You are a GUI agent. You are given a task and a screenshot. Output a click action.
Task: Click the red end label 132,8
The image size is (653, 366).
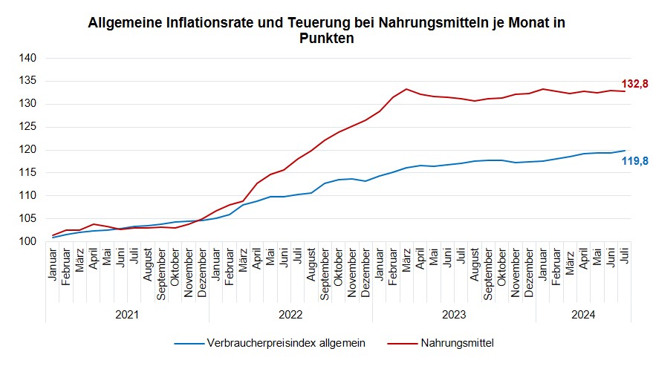(634, 85)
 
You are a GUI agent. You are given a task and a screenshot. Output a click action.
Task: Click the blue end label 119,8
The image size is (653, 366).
(634, 160)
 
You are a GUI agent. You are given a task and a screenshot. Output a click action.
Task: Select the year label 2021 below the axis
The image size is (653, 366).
(127, 314)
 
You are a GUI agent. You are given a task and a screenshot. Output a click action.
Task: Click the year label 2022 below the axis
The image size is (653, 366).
(290, 314)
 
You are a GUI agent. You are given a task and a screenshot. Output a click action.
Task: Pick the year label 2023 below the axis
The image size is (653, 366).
(454, 314)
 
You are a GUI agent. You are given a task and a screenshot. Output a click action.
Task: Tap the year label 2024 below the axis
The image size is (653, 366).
(583, 314)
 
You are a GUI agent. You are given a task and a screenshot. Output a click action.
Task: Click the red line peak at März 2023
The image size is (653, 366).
(406, 89)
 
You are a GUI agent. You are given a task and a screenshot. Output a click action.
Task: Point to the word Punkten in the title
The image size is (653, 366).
(326, 39)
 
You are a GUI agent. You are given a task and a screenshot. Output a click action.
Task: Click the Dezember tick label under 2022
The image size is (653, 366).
(366, 272)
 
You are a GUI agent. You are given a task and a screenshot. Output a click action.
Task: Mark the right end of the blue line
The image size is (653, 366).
(624, 151)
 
